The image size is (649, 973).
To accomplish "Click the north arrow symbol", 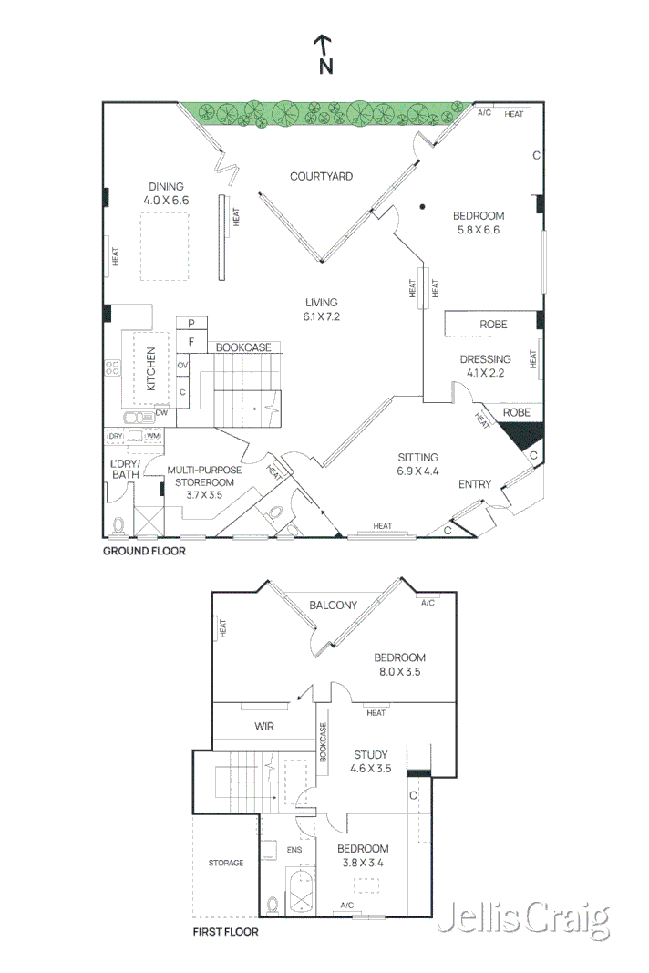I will [324, 55].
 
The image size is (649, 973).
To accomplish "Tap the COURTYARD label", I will [321, 176].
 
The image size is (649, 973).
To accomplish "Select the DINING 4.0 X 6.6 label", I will [165, 193].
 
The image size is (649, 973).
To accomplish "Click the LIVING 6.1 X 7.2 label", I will [322, 309].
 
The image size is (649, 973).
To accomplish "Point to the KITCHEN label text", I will [151, 368].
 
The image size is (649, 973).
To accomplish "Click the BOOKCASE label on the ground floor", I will [243, 347].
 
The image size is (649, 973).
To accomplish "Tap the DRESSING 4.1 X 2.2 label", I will [485, 365].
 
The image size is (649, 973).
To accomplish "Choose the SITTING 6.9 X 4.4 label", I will [417, 464].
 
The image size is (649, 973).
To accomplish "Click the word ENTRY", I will [474, 484].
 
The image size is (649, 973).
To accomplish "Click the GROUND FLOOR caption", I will [143, 551].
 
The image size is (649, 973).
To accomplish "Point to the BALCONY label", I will [333, 605].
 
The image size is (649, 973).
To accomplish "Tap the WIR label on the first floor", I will [265, 727].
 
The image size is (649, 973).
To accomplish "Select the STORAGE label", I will [225, 863].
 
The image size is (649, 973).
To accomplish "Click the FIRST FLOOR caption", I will [225, 932].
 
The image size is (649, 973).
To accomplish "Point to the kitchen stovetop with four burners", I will [114, 368].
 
